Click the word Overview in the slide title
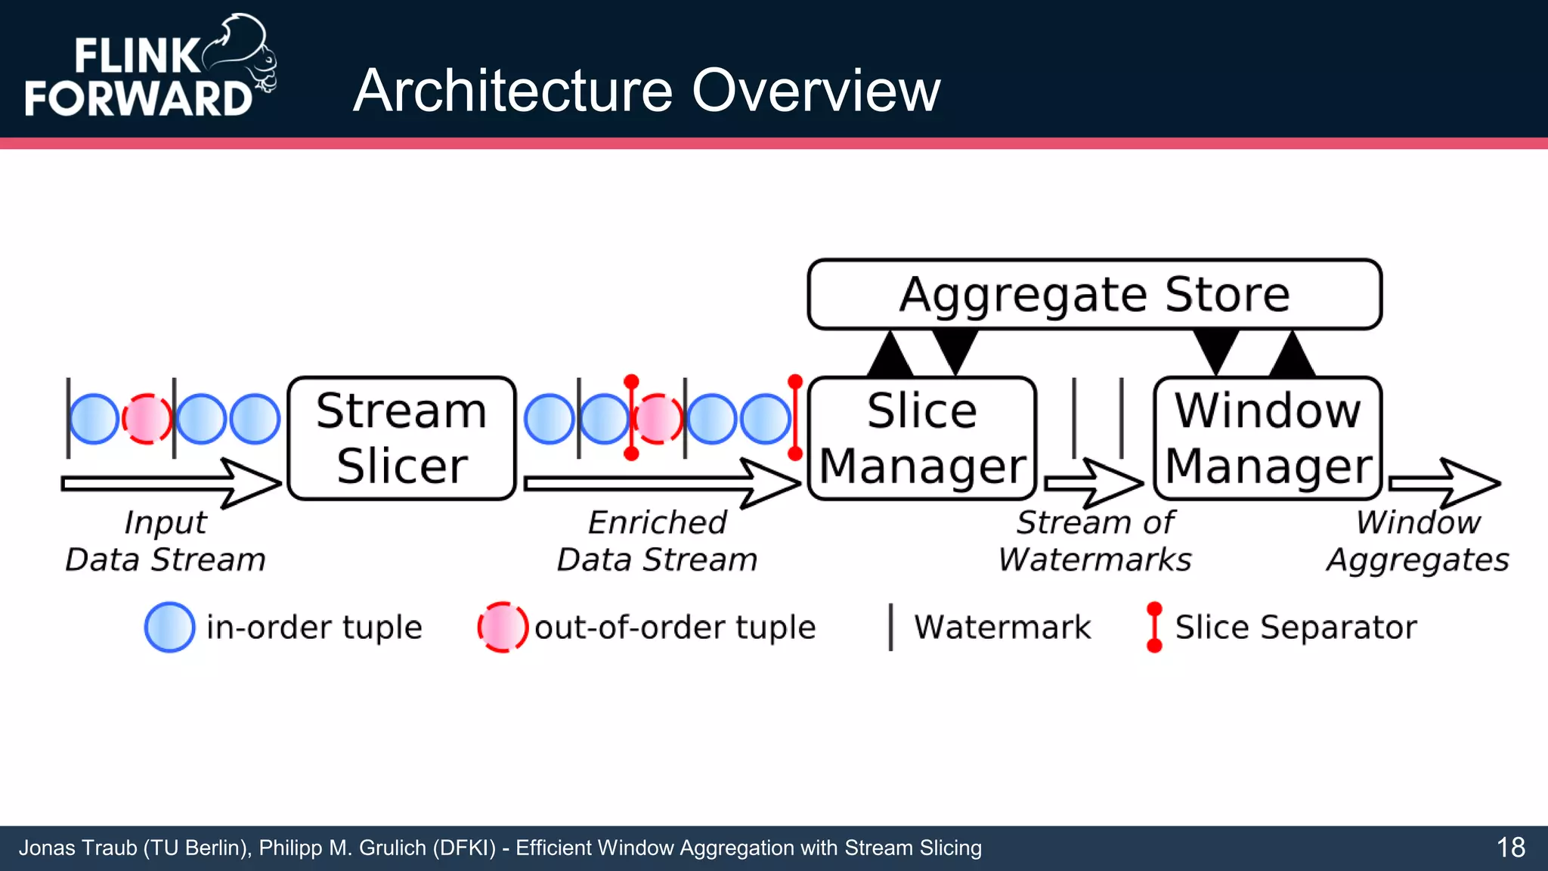[816, 91]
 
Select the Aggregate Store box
[1094, 294]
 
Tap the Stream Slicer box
[401, 438]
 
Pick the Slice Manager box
[921, 438]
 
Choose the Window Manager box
[1268, 438]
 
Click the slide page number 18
[1510, 848]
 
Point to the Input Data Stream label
[165, 541]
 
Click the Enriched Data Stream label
[657, 541]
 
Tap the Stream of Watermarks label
[1094, 541]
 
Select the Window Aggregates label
[1417, 541]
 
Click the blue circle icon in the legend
[169, 627]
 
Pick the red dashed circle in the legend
[503, 627]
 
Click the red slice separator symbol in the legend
[1153, 627]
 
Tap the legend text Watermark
[1002, 628]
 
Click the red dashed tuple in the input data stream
[147, 419]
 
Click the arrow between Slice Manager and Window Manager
[1093, 483]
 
